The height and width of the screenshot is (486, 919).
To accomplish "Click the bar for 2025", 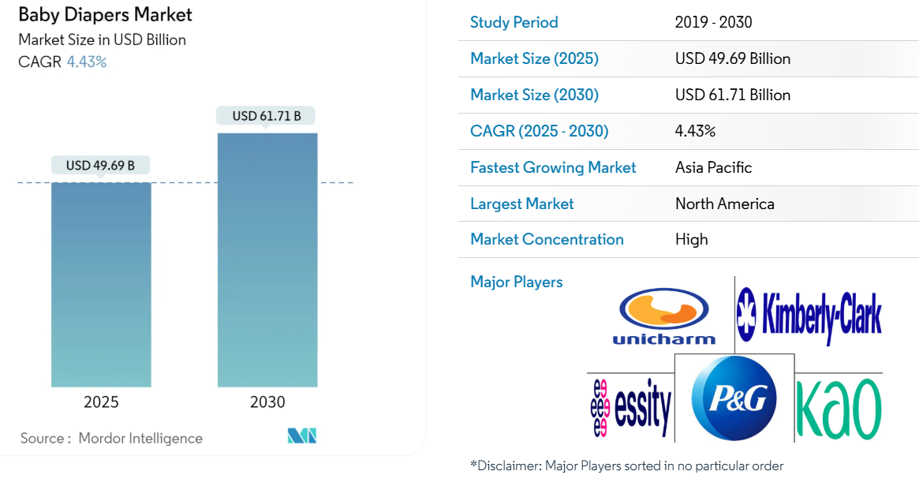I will coord(101,284).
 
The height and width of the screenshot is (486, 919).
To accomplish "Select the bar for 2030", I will coord(267,260).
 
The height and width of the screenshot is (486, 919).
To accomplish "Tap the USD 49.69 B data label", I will coord(100,166).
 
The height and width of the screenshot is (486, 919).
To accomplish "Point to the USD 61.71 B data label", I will coord(267,116).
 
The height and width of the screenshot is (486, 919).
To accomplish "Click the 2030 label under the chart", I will coord(267,402).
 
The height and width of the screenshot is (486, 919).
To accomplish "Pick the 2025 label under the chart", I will coord(101,402).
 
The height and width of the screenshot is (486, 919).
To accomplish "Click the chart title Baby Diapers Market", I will coord(105,14).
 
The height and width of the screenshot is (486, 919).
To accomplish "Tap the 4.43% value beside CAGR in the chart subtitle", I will coord(87,62).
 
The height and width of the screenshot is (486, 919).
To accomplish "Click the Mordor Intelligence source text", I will coord(140,439).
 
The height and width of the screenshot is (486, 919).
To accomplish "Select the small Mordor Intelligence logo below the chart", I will coord(301,436).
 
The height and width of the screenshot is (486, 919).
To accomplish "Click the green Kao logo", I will coord(838,408).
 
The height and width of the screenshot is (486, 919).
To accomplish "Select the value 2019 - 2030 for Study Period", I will coord(713,22).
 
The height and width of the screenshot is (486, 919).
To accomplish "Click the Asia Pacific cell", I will coord(713,167).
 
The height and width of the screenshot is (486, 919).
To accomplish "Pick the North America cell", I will coord(724,204).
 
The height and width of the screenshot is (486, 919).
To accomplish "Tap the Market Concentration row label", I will coord(547,239).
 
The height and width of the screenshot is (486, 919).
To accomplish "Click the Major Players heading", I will coord(516,282).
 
